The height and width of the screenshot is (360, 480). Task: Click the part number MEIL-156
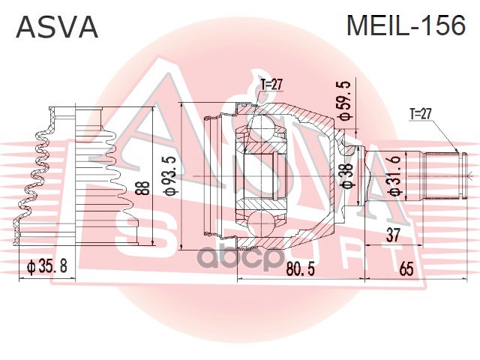pos(404,27)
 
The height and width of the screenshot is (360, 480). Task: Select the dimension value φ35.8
pos(47,265)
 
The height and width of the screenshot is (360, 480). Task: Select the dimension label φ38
pos(346,177)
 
